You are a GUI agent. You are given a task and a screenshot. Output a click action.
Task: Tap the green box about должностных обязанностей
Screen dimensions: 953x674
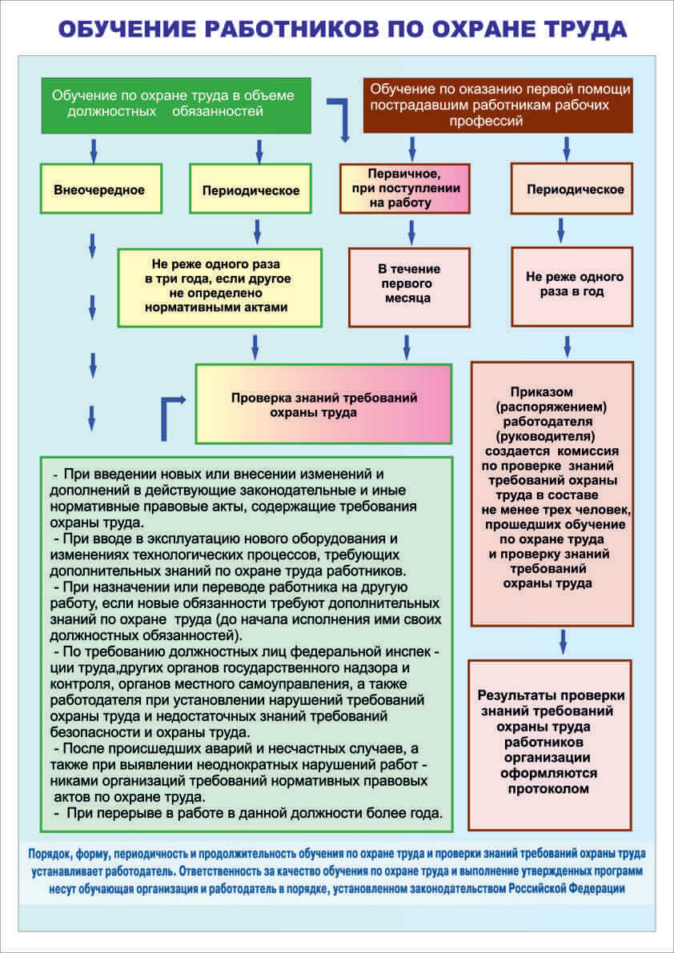tap(175, 105)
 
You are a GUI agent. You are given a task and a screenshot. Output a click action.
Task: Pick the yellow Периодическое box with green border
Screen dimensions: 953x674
tap(251, 190)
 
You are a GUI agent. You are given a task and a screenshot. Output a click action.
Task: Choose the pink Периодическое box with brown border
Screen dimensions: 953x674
tap(572, 190)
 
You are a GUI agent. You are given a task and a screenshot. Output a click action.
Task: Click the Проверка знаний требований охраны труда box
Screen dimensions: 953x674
tap(323, 404)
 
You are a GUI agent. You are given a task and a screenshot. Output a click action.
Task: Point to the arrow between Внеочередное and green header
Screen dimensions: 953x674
tap(94, 149)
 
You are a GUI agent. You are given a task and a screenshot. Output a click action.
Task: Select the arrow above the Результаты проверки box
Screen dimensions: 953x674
tap(563, 641)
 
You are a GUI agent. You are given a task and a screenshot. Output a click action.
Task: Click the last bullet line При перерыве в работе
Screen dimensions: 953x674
tap(248, 814)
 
